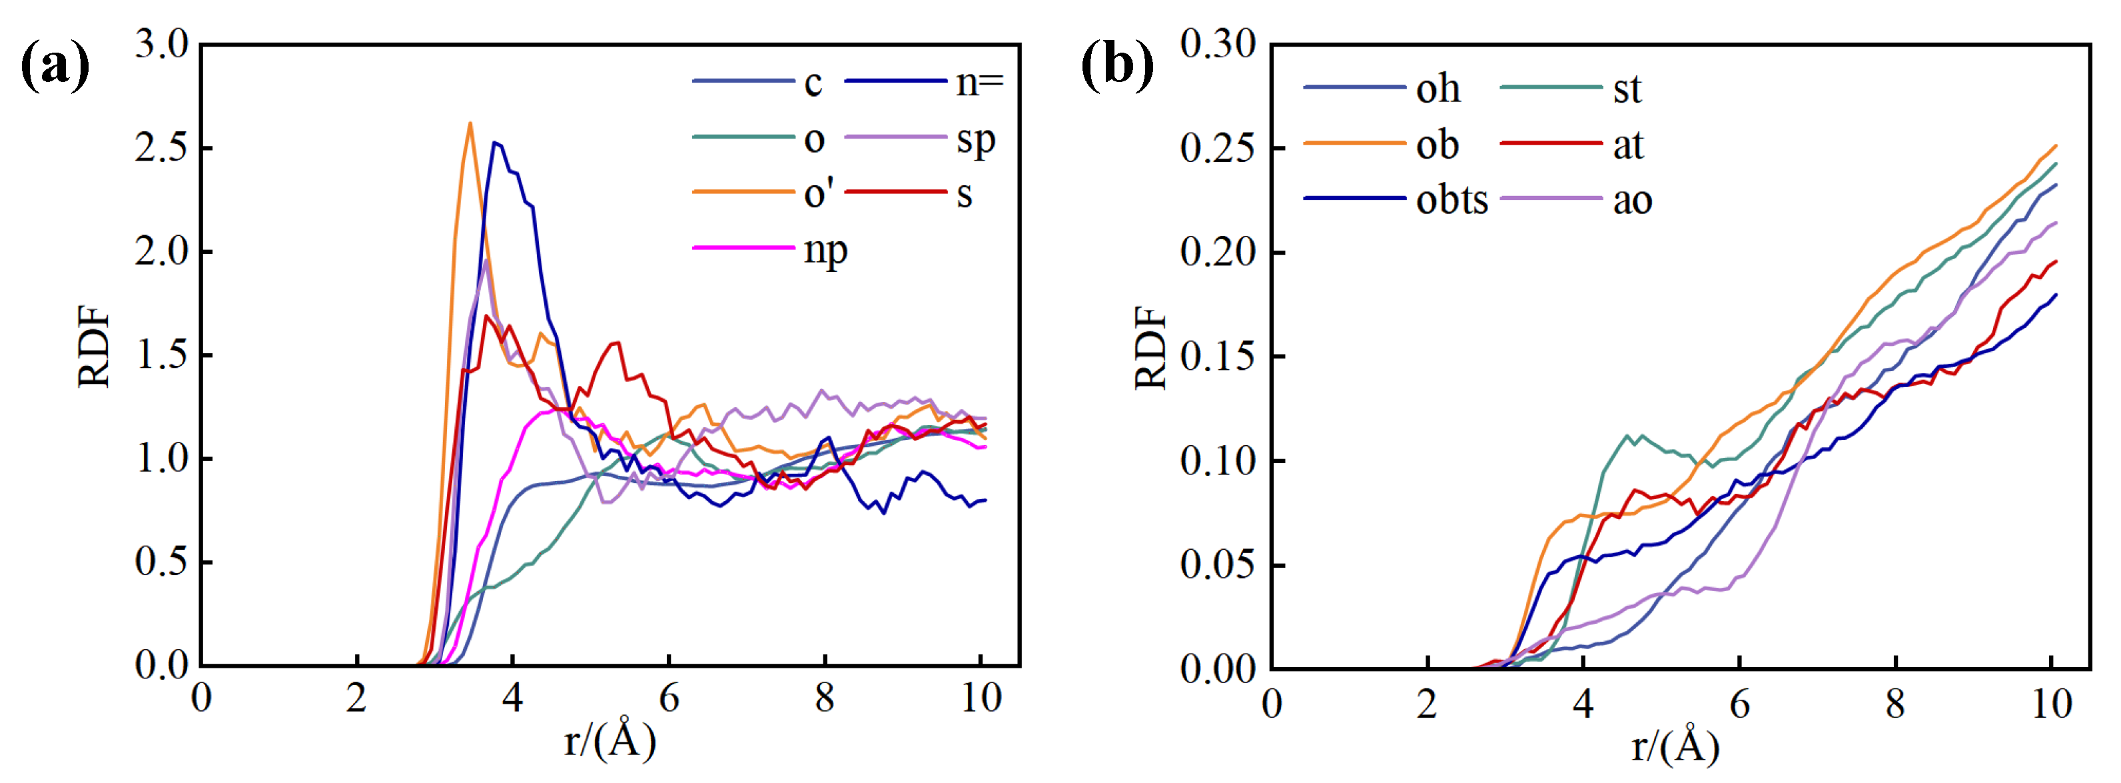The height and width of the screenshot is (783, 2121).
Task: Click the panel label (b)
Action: pyautogui.click(x=1116, y=64)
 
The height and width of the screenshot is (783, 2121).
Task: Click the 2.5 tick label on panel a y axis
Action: pyautogui.click(x=162, y=148)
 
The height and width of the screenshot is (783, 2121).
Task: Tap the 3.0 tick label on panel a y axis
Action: pyautogui.click(x=162, y=45)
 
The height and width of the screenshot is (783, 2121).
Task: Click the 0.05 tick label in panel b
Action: pyautogui.click(x=1218, y=565)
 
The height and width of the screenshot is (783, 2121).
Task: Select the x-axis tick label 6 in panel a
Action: pyautogui.click(x=669, y=698)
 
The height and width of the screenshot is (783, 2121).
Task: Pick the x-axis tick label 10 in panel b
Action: pyautogui.click(x=2050, y=704)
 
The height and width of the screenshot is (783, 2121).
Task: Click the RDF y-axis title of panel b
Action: pyautogui.click(x=1150, y=347)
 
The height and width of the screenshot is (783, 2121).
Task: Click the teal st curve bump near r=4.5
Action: pyautogui.click(x=1627, y=436)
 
